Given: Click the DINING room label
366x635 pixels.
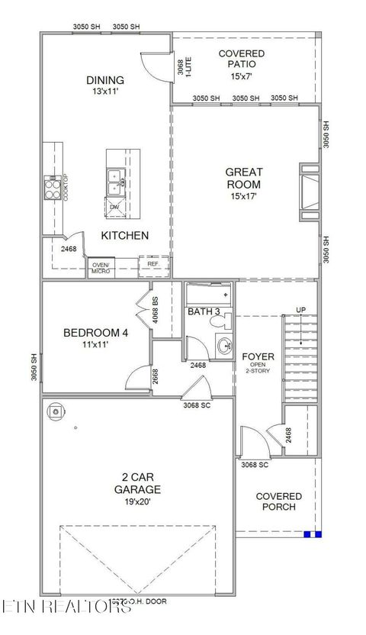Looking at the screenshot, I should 105,80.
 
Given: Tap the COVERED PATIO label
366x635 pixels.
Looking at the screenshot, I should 242,59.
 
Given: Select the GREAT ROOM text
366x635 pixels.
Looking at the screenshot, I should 243,179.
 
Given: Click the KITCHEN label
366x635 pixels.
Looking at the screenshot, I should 125,235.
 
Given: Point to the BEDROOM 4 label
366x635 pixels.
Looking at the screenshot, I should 95,333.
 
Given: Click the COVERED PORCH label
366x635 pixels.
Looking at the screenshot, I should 278,501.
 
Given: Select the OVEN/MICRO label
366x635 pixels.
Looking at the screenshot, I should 101,267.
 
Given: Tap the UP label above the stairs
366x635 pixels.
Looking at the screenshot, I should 301,310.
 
